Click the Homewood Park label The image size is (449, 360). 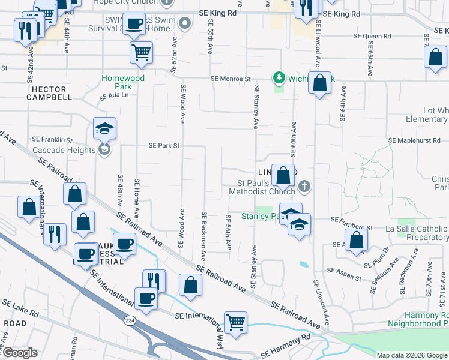tap(123, 82)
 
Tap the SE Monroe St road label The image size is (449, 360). tap(230, 79)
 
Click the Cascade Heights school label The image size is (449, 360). tap(64, 150)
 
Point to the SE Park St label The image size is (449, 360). tap(164, 146)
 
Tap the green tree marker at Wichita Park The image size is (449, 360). tap(279, 77)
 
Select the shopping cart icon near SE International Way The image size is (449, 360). tap(236, 322)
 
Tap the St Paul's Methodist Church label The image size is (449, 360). tap(262, 187)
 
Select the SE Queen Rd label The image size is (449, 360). tap(372, 37)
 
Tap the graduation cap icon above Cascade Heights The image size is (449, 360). tap(104, 128)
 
